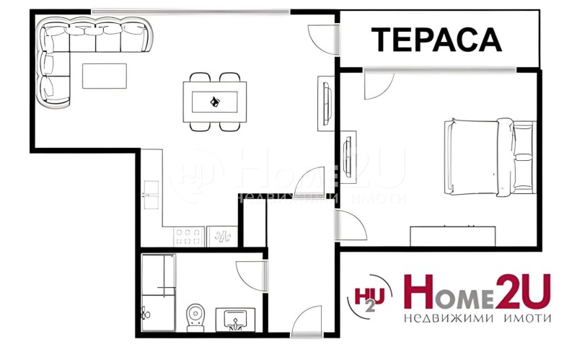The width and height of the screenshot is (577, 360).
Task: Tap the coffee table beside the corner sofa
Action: [105, 76]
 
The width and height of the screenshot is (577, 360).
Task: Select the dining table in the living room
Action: [215, 102]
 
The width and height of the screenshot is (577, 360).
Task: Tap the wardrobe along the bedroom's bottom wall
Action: [453, 236]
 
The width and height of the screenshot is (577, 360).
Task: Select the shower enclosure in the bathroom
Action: [158, 285]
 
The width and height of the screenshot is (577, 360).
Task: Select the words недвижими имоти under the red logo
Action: [477, 318]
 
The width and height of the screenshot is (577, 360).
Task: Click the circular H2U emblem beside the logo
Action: [370, 297]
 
